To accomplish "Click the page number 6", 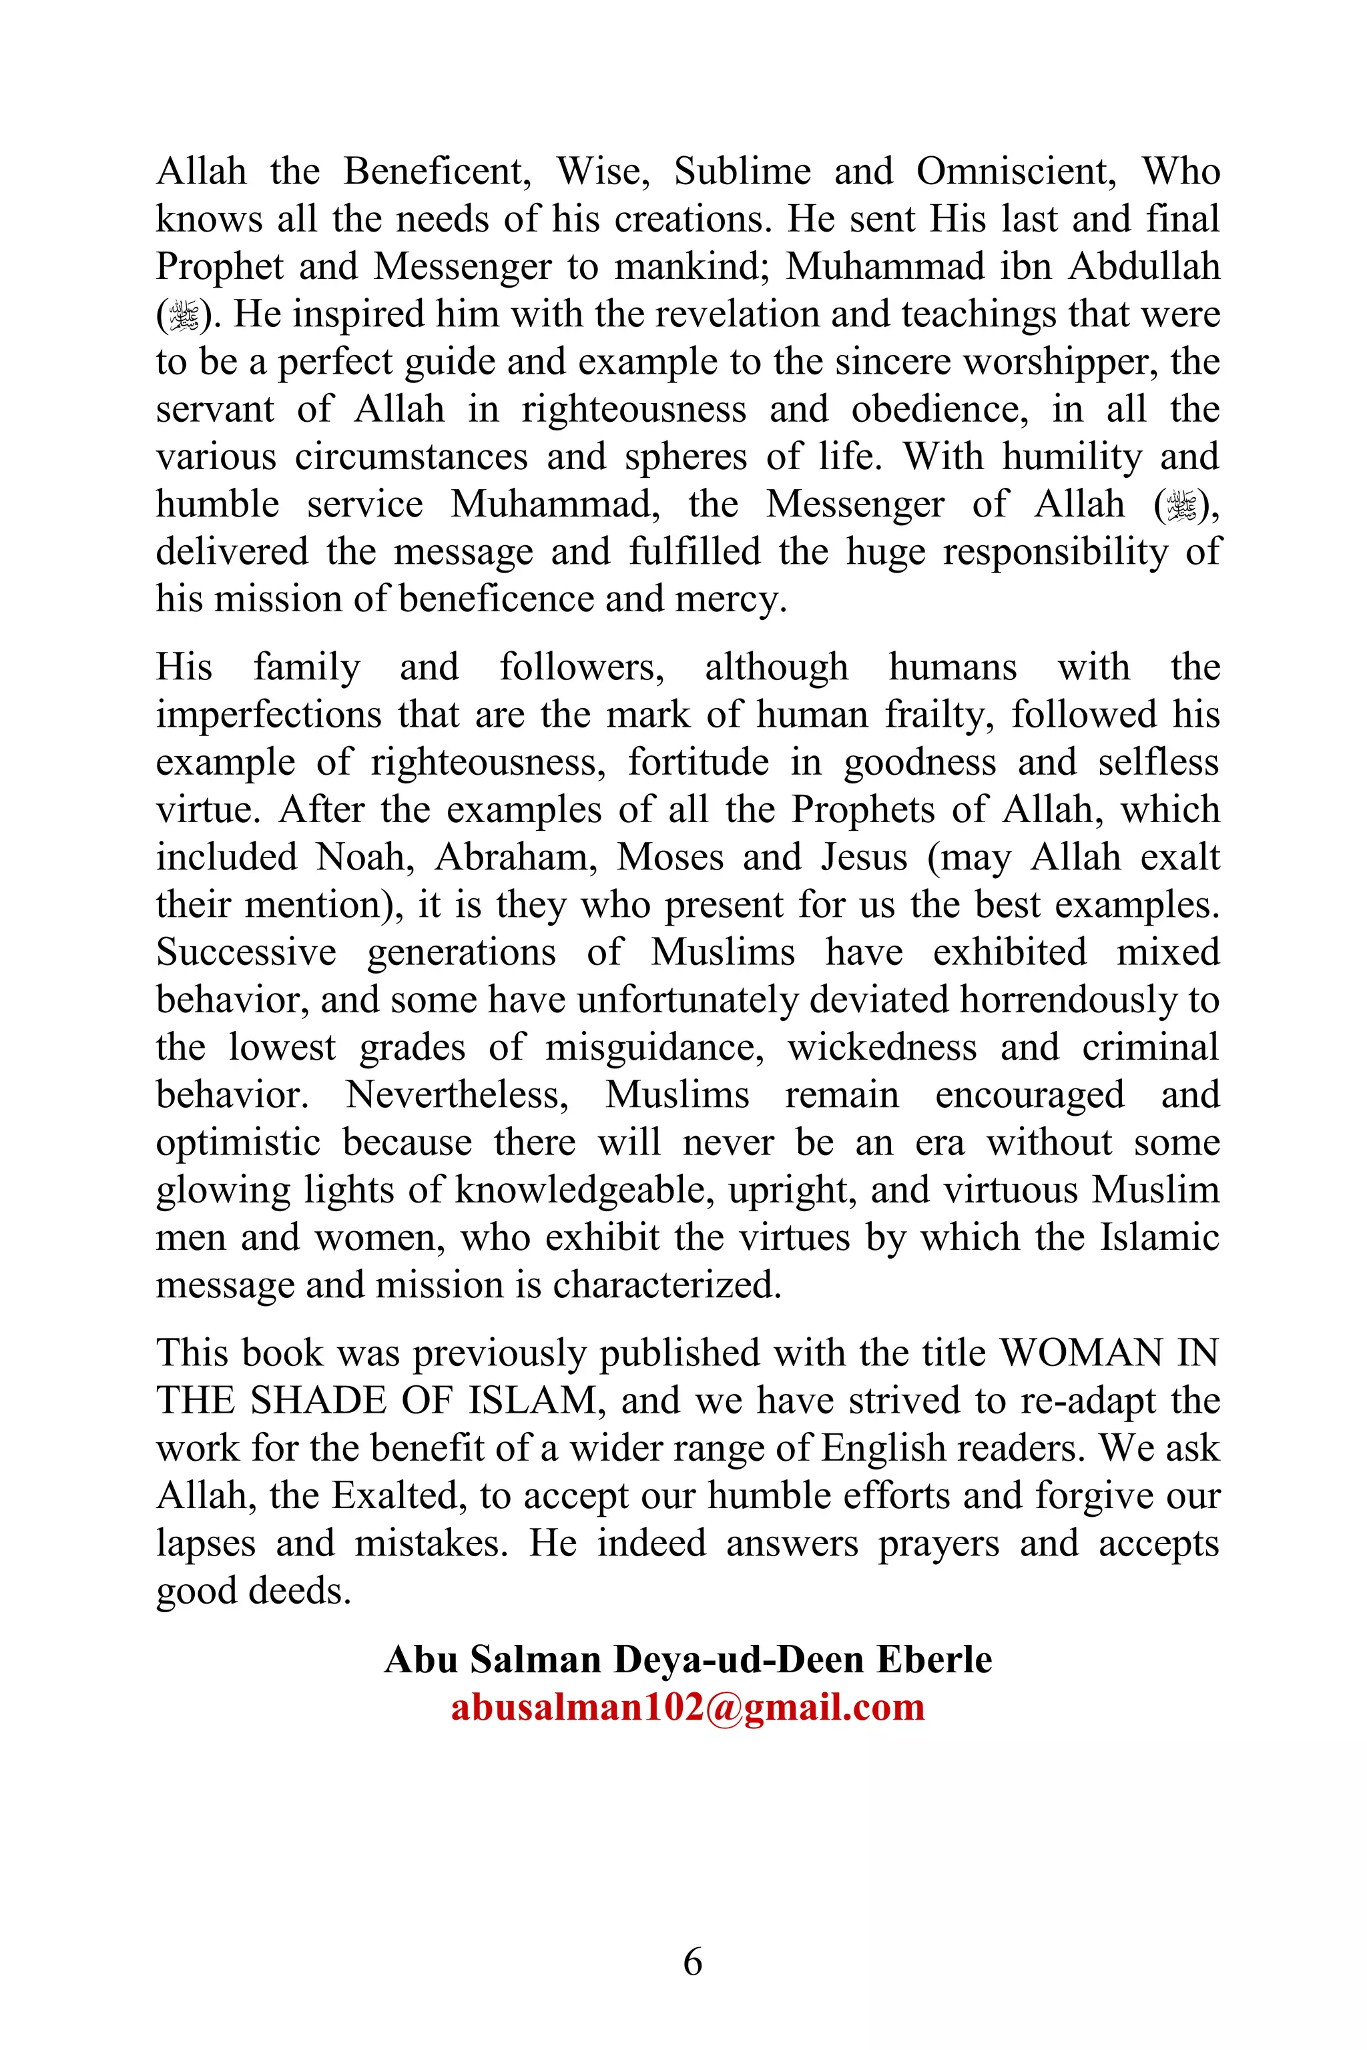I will pyautogui.click(x=692, y=1963).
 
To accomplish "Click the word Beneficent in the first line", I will pyautogui.click(x=436, y=171).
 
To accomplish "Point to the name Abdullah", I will pyautogui.click(x=1144, y=266).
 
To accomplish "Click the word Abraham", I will pyautogui.click(x=515, y=857).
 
